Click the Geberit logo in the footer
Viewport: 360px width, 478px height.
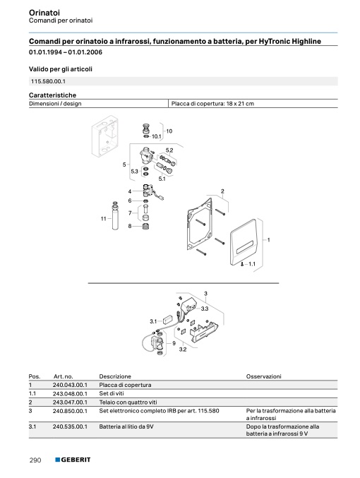[x=73, y=460]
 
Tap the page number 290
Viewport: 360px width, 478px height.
[x=35, y=460]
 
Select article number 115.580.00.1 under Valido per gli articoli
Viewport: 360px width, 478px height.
[x=48, y=81]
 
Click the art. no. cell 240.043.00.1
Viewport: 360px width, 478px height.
[x=70, y=385]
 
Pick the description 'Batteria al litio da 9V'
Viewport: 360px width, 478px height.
[x=126, y=426]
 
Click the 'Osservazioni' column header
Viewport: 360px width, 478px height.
[x=264, y=376]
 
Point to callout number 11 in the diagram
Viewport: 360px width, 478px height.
[x=103, y=219]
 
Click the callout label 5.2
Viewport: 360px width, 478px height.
[x=169, y=150]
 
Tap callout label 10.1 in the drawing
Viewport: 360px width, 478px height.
[x=157, y=136]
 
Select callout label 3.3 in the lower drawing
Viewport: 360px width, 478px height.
[x=205, y=309]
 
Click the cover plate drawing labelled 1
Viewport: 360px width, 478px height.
[x=244, y=243]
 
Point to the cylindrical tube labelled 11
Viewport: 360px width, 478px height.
[x=115, y=217]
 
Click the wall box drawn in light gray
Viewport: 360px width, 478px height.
[x=104, y=136]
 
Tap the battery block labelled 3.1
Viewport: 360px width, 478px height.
[x=168, y=320]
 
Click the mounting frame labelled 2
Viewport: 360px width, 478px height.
[x=199, y=224]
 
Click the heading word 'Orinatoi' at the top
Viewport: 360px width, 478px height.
[x=44, y=13]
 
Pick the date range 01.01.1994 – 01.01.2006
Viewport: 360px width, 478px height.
[x=66, y=52]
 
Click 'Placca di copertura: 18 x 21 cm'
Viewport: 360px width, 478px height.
[x=212, y=104]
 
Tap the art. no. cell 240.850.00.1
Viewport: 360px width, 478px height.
[x=70, y=411]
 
